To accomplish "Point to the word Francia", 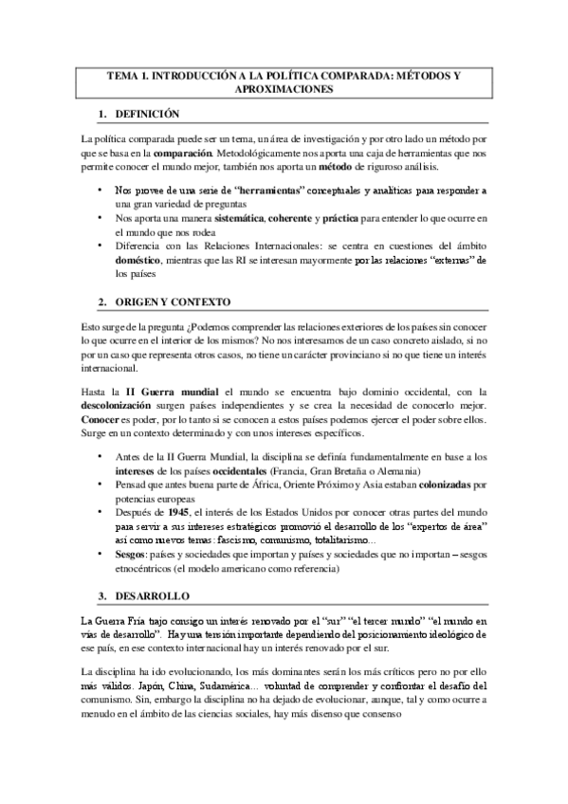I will (290, 471).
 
